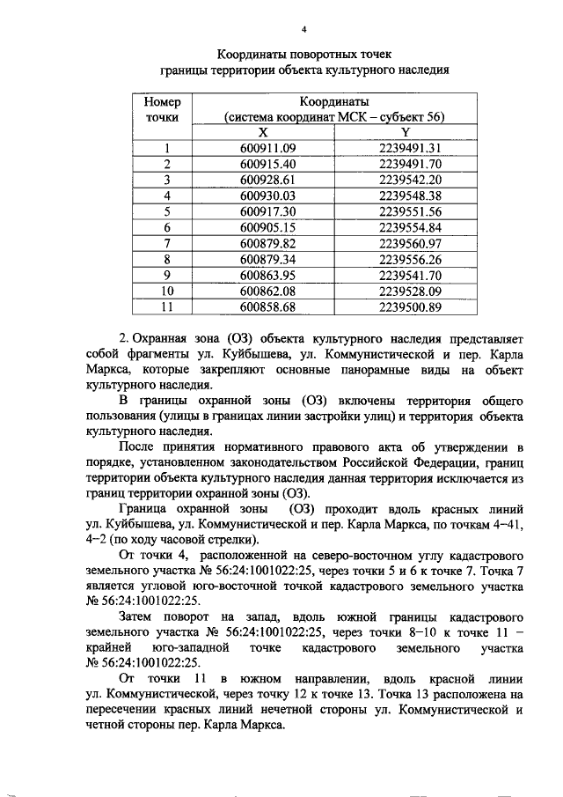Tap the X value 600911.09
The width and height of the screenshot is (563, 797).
(x=268, y=148)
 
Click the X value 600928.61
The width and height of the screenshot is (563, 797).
(x=268, y=180)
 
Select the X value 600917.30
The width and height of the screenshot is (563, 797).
(x=268, y=211)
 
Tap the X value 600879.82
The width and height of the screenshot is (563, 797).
(x=268, y=243)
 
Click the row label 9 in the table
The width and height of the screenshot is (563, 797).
(x=165, y=275)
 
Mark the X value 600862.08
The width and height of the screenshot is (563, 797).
(x=268, y=291)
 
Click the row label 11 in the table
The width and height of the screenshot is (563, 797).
(x=165, y=306)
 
